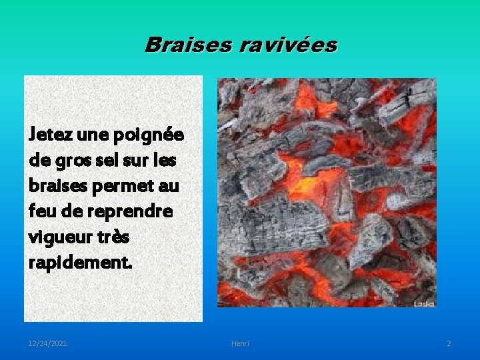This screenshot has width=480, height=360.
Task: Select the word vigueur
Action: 58,237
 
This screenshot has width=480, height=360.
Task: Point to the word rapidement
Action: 81,262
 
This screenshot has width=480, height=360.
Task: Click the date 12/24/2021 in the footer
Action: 47,343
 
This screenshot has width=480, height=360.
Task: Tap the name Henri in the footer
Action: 240,343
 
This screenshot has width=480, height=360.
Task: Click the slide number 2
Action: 449,343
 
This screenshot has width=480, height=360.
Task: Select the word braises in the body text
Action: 55,186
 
